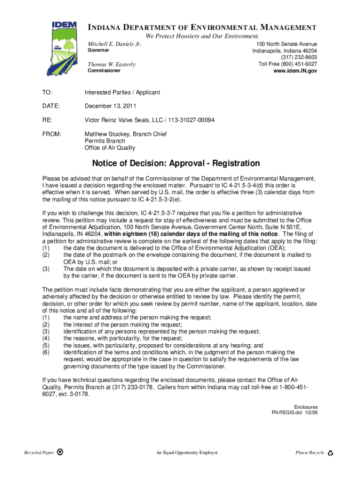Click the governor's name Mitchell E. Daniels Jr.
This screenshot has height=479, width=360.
coord(115,44)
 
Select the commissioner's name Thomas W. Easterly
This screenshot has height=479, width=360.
coord(112,64)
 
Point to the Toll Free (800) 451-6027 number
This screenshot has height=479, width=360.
coord(288,64)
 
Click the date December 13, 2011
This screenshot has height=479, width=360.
coord(110,106)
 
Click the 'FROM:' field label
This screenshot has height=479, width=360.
coord(52,134)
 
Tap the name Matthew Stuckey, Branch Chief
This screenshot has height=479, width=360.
coord(125,134)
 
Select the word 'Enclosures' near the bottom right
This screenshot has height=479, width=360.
coord(306,407)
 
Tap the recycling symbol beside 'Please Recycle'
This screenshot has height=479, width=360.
coord(331,453)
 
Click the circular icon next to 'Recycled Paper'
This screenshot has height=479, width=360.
coord(60,452)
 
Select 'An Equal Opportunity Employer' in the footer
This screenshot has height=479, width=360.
coord(187,453)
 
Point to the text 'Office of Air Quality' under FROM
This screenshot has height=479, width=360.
coord(110,148)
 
